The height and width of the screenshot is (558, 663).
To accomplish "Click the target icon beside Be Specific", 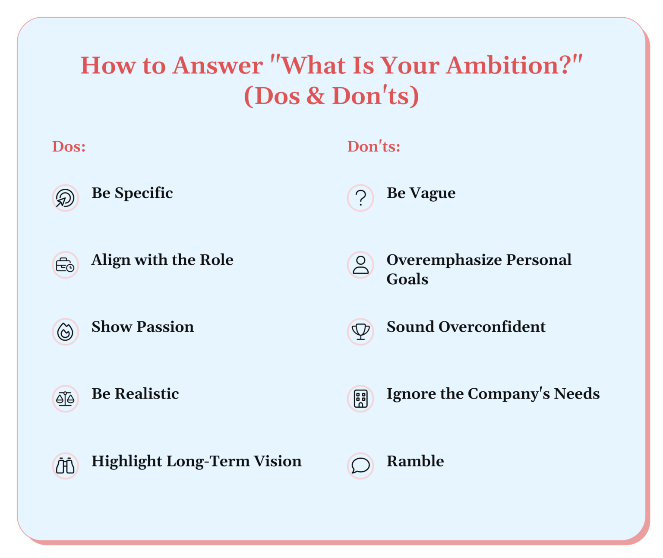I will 65,198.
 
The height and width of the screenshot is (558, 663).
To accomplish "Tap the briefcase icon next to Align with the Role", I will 65,265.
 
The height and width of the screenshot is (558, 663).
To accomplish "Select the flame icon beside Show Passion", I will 65,332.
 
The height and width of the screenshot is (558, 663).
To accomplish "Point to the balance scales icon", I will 65,399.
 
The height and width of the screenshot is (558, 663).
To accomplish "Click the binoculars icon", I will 65,466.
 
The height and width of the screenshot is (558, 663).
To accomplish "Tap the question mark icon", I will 360,198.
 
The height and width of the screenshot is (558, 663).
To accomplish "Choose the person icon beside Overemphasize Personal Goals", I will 360,265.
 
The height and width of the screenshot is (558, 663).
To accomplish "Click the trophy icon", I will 360,332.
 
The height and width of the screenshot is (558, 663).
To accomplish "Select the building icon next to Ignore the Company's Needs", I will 360,399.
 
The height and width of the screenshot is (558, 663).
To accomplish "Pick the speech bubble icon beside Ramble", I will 360,466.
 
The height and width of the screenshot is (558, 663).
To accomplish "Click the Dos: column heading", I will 69,147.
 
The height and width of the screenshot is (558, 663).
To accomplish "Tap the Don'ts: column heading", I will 374,147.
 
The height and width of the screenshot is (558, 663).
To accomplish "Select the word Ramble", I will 415,461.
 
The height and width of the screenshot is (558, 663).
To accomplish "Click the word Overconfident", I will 492,327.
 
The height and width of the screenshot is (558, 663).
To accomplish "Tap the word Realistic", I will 147,394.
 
